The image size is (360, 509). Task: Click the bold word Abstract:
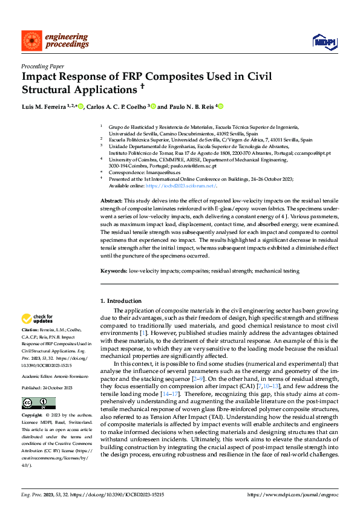[x=111, y=200]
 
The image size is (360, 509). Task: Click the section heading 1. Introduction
[x=120, y=301]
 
